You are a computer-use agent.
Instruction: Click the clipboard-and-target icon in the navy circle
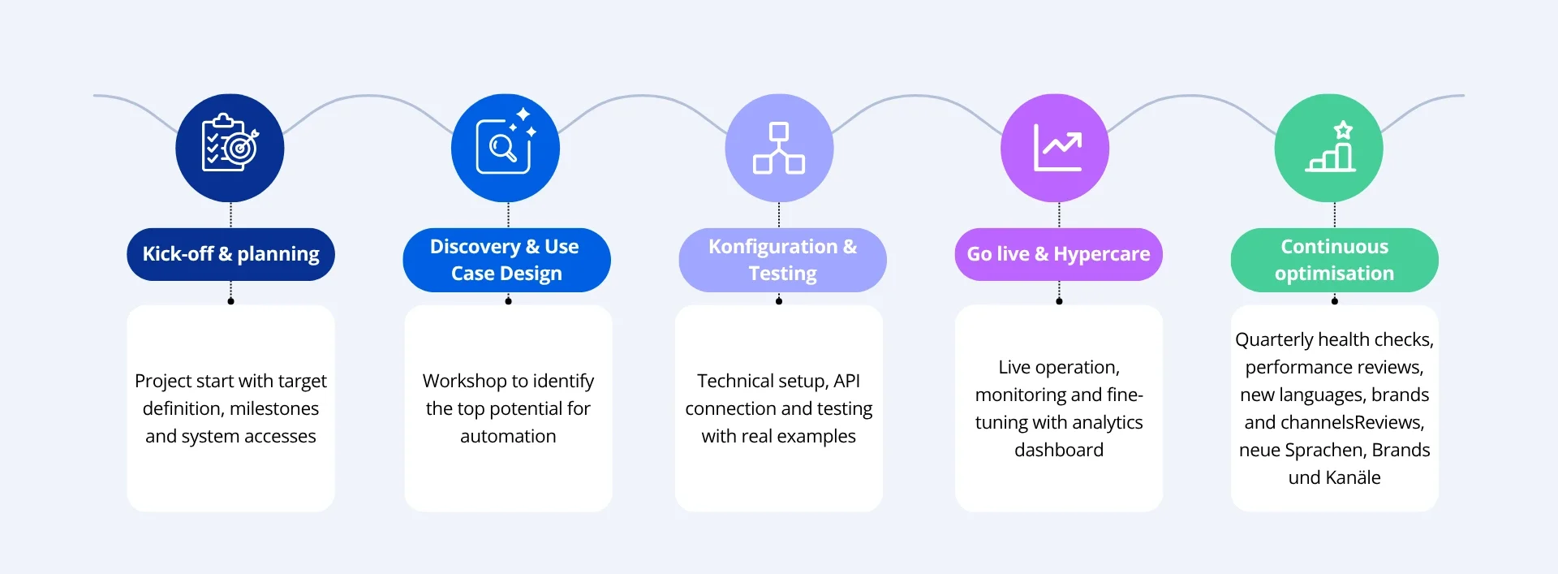(x=230, y=147)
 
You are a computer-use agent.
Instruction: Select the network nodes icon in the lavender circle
(x=779, y=148)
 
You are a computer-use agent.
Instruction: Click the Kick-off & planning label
(x=230, y=254)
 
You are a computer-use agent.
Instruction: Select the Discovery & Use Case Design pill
(x=506, y=260)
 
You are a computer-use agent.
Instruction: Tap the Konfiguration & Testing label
(x=782, y=260)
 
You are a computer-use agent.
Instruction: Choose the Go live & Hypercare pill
(x=1058, y=254)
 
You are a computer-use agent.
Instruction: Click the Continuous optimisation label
(x=1334, y=260)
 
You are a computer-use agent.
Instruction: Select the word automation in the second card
(x=508, y=436)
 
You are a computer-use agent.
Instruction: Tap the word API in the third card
(x=846, y=381)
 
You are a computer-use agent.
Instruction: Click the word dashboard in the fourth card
(x=1059, y=450)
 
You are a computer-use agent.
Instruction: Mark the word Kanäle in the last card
(x=1353, y=477)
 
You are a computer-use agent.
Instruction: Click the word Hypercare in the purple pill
(x=1102, y=254)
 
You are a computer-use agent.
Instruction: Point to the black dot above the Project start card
(x=231, y=301)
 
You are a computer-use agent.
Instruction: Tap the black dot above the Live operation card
(x=1059, y=301)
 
